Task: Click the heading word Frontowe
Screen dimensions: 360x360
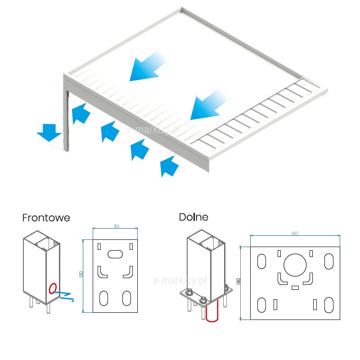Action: [46, 218]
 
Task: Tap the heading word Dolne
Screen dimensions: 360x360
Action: [193, 217]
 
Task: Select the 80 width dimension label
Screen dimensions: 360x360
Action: [117, 226]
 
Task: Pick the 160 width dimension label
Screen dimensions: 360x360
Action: [295, 234]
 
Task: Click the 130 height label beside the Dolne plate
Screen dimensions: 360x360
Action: [239, 282]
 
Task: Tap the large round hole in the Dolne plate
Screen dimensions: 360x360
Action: [295, 264]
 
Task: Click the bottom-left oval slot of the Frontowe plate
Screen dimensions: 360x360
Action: [104, 297]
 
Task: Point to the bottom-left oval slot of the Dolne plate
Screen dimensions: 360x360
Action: [261, 305]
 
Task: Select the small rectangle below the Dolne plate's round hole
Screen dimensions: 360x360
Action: [295, 287]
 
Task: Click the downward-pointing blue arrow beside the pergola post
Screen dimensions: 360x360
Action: [49, 131]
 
